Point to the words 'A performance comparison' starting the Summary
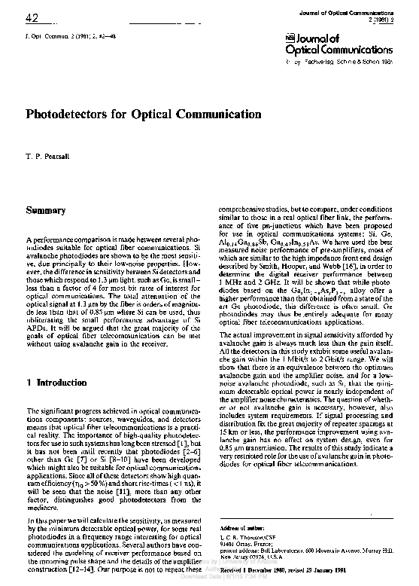point(64,238)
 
